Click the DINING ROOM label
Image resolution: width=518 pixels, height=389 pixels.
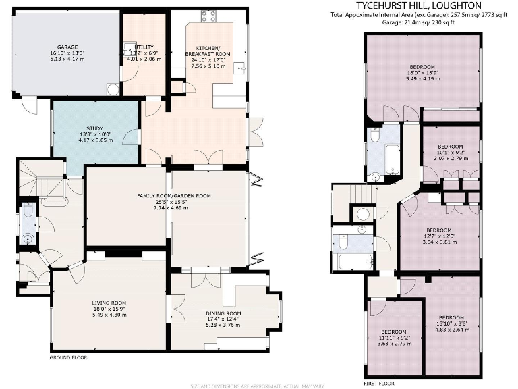click(x=223, y=314)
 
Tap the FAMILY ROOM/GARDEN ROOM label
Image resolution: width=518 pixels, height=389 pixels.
click(x=174, y=195)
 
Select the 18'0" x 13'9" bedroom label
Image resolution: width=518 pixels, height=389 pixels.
click(x=423, y=66)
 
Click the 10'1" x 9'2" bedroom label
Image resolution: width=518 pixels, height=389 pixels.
click(x=450, y=147)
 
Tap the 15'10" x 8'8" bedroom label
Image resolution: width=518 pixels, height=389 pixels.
click(x=451, y=317)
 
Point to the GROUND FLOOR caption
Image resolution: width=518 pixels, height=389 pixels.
click(x=69, y=357)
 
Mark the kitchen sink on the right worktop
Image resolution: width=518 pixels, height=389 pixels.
click(x=241, y=68)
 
